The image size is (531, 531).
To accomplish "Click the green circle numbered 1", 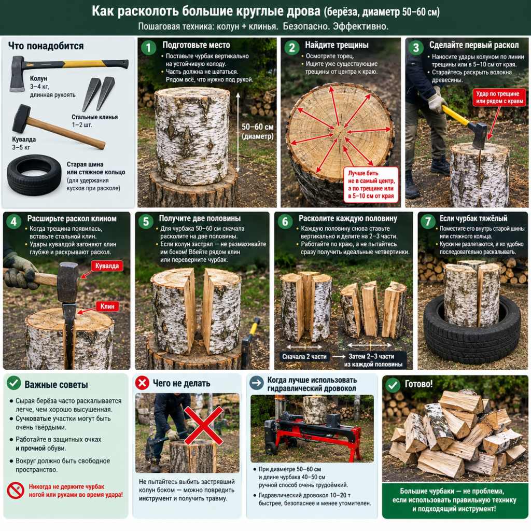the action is click(148, 48).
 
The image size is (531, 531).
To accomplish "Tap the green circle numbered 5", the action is click(146, 221).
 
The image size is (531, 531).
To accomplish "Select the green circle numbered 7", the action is click(428, 221).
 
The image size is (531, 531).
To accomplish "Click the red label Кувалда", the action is click(107, 266).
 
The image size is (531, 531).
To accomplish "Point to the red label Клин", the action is click(107, 306).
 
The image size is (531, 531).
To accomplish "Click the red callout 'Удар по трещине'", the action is click(499, 97).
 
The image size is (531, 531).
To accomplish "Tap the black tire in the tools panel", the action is click(34, 175).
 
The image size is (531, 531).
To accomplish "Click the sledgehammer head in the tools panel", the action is click(21, 118).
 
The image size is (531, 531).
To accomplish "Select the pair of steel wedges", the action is click(99, 94).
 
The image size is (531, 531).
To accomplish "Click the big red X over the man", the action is click(203, 426).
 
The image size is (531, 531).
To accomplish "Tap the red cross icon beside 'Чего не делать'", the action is click(142, 383).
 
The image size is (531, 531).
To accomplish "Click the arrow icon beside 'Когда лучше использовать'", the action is click(257, 383).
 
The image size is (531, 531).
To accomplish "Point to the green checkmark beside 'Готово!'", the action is click(393, 385).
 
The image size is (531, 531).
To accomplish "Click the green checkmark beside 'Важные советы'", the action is click(14, 383).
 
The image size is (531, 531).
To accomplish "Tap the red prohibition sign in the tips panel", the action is click(16, 491).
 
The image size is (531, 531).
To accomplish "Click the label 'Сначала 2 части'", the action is click(304, 357).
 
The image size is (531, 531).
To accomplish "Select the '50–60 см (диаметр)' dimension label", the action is click(257, 131).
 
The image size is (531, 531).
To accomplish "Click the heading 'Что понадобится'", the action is click(46, 46).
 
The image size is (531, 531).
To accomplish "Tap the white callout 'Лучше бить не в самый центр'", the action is click(371, 184).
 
